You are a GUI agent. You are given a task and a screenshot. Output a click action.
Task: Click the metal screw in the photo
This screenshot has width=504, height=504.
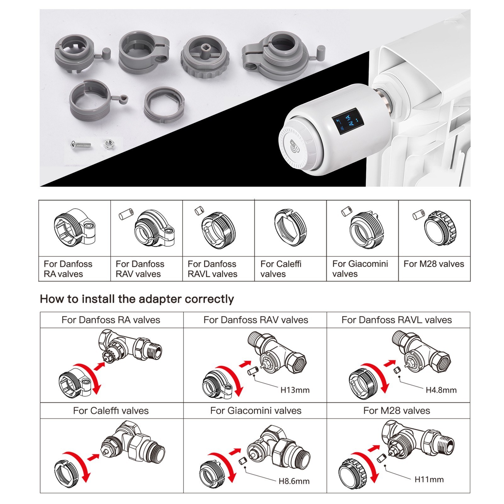[81, 145]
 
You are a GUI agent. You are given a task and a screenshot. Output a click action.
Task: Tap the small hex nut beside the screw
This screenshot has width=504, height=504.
[108, 144]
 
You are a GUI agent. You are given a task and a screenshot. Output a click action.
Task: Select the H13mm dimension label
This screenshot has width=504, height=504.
[295, 390]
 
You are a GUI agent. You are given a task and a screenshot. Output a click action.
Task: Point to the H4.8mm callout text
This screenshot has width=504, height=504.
[441, 390]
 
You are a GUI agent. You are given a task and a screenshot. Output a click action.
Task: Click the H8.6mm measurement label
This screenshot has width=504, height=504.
[294, 481]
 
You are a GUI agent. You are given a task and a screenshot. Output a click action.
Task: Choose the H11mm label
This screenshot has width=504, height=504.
[429, 479]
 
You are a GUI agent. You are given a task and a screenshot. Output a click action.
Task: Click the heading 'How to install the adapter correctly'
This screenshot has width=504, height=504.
[137, 299]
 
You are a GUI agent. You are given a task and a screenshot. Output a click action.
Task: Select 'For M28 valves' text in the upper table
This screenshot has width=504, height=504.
[433, 264]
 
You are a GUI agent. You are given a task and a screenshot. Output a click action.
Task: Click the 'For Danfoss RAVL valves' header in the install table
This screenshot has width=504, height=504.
[396, 320]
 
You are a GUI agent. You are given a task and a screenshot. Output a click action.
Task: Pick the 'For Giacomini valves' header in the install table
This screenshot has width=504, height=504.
[255, 411]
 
